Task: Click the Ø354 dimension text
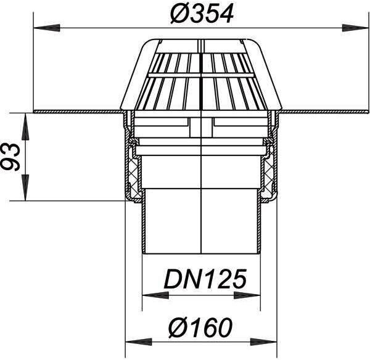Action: (202, 14)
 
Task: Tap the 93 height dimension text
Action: (11, 157)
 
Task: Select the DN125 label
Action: (205, 280)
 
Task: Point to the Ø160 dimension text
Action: (200, 327)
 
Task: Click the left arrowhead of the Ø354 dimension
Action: (47, 28)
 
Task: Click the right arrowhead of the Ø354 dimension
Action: (355, 28)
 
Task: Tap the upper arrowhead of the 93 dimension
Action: (25, 127)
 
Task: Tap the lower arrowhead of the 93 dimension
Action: (25, 188)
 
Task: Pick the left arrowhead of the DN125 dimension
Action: (156, 295)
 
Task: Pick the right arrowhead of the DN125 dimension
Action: (247, 295)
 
